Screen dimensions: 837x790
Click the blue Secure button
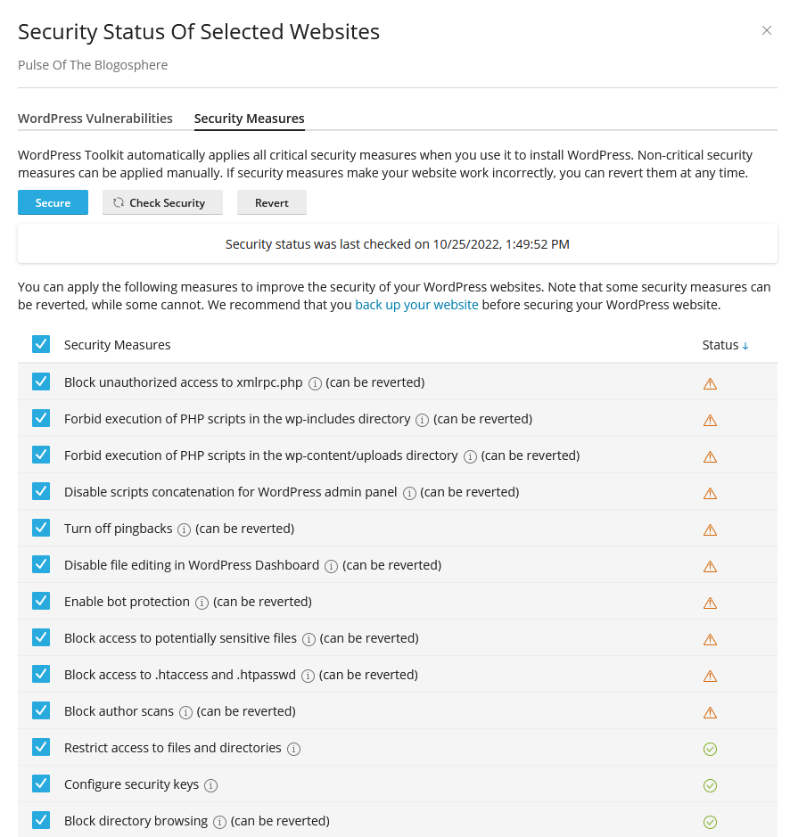tap(53, 203)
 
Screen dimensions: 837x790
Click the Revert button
tap(271, 203)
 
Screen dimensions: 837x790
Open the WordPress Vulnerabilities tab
tap(95, 119)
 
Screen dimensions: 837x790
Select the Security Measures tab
tap(249, 119)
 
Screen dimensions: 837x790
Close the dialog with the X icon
tap(766, 31)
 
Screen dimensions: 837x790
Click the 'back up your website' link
tap(416, 305)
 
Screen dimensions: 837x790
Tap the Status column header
tap(724, 345)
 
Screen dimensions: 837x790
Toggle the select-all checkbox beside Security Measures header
tap(41, 344)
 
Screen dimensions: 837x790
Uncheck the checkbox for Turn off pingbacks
tap(41, 528)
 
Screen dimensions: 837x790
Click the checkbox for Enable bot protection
tap(41, 601)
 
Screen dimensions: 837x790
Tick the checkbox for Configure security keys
tap(41, 784)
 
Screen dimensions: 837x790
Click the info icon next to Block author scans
tap(185, 712)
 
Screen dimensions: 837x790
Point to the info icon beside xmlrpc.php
tap(315, 383)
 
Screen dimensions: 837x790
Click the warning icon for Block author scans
tap(710, 712)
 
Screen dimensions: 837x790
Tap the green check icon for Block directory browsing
tap(710, 822)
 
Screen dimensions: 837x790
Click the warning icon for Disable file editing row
tap(710, 566)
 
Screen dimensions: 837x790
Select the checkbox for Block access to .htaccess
tap(41, 674)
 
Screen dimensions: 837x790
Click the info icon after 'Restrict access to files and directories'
tap(293, 749)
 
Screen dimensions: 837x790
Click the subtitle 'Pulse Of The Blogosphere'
tap(93, 65)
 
